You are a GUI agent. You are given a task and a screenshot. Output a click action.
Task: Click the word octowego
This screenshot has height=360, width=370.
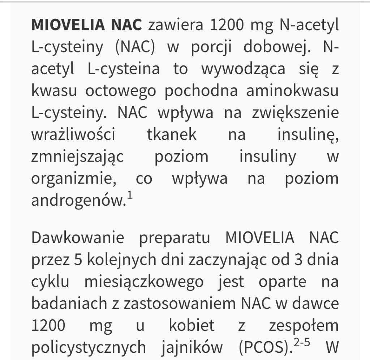(121, 91)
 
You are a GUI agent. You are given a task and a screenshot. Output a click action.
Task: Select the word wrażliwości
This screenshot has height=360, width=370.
(73, 135)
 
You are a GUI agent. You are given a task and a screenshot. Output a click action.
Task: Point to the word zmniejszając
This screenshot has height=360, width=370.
(78, 157)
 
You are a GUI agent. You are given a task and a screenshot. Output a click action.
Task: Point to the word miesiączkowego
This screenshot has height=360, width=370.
(144, 282)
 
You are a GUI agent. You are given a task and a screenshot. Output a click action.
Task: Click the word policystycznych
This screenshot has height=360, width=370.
(89, 348)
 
